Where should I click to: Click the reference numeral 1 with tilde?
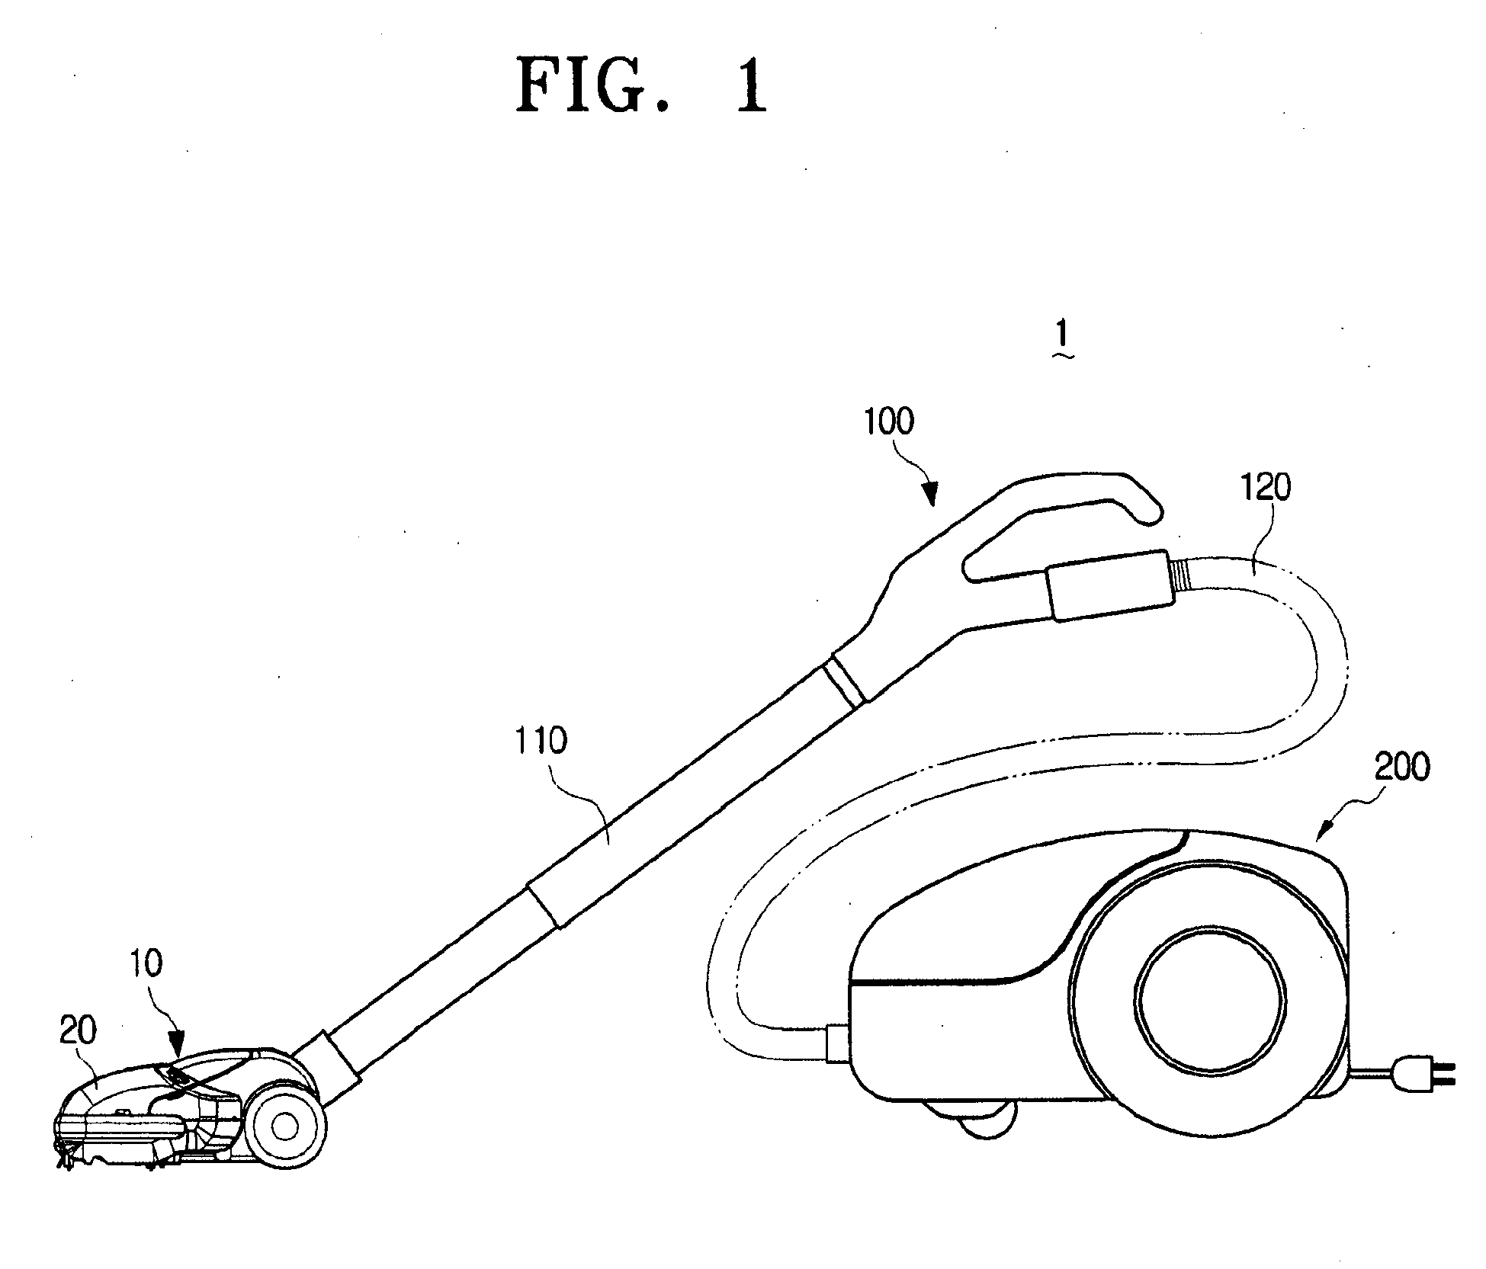point(1062,341)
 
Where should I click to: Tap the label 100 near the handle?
point(888,421)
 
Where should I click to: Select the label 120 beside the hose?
point(1266,488)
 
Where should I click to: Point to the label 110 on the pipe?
point(540,740)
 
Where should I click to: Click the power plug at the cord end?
point(1423,1074)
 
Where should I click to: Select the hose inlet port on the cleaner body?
point(836,1043)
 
